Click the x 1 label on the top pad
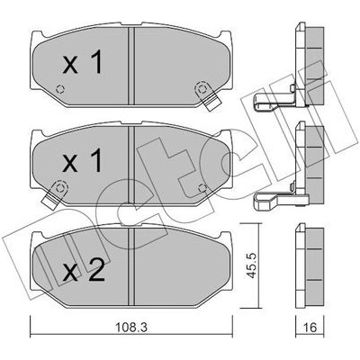point(83,62)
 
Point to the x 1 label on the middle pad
point(83,160)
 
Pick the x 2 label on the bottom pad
point(84,269)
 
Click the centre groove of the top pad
point(131,66)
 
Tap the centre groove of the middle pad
point(131,164)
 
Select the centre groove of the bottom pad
point(131,267)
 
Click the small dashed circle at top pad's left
point(60,89)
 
